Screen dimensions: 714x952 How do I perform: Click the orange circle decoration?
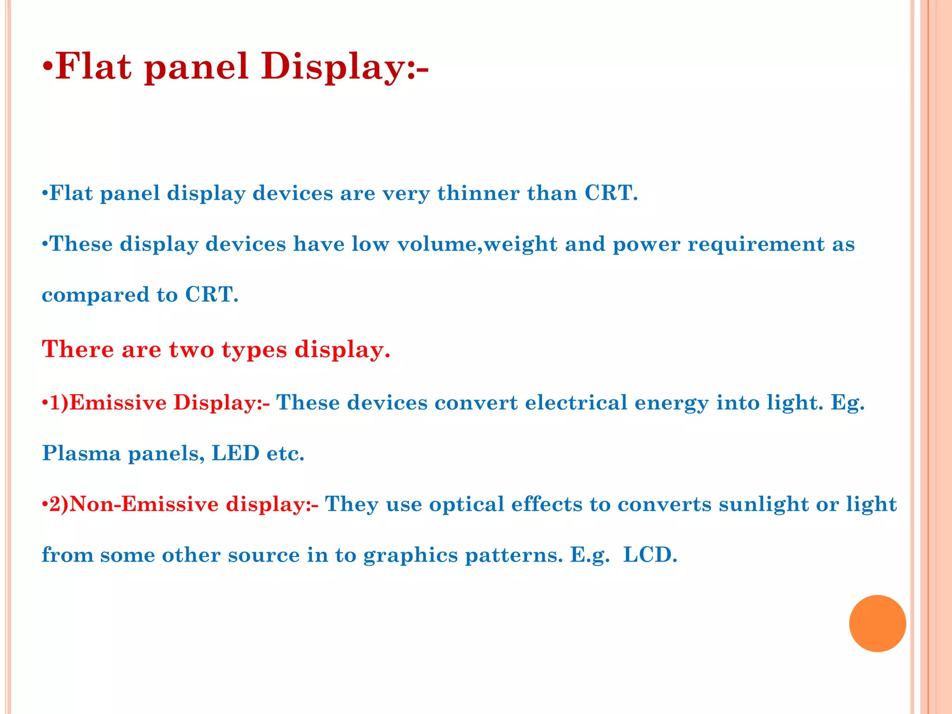point(877,623)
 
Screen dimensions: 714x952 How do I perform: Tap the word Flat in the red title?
point(93,66)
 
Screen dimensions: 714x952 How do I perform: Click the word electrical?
point(576,403)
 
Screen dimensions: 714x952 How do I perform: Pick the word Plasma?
point(81,453)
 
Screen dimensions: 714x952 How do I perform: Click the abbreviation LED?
point(235,453)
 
